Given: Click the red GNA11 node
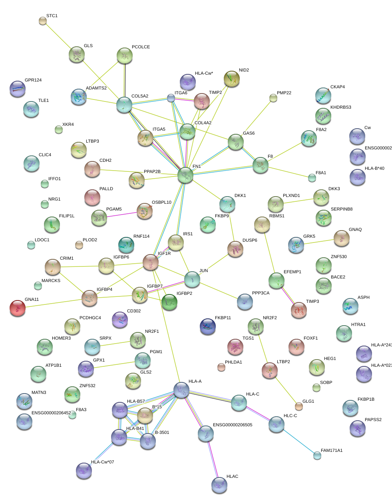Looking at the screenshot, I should (18, 308).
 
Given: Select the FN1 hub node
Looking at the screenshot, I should (185, 175).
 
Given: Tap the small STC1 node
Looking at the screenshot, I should (43, 21).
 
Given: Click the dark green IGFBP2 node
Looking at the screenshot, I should (169, 302).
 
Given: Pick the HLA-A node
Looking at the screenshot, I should (181, 390).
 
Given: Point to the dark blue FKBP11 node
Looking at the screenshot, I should (207, 326).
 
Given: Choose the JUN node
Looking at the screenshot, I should (192, 279).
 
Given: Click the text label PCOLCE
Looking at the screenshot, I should (141, 47).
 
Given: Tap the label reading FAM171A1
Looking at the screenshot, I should (332, 451).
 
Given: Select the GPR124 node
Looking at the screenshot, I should (18, 88).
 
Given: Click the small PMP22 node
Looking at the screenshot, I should (273, 97).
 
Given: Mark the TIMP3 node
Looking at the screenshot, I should (299, 310).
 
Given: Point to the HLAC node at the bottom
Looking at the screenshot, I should (219, 485).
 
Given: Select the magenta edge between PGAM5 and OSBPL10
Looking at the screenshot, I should (121, 215).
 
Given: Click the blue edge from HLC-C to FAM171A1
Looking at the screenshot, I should (297, 439).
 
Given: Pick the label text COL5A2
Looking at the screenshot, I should (140, 96).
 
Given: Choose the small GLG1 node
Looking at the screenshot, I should (299, 407).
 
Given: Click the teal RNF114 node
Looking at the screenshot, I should (126, 245).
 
